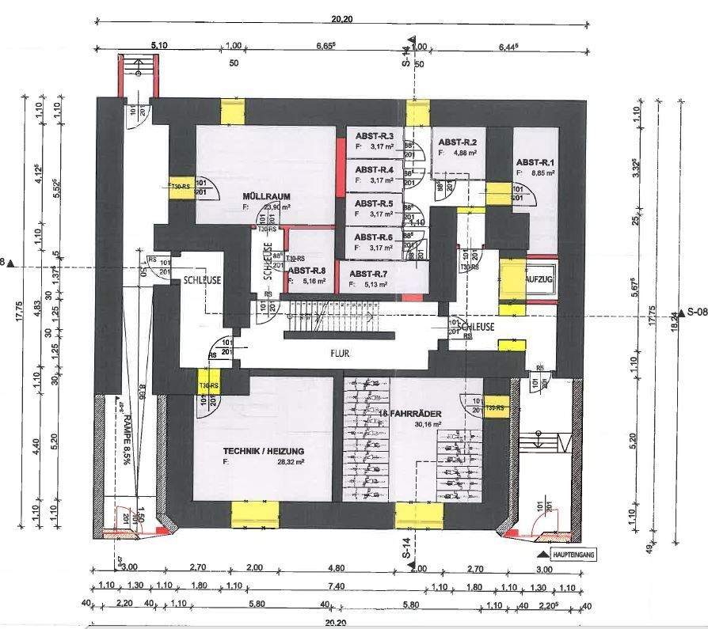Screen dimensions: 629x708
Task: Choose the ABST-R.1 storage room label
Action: tap(535, 161)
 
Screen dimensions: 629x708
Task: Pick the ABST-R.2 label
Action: tap(458, 142)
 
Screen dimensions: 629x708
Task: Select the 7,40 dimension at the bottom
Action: tap(336, 586)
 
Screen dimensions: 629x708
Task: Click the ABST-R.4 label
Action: tap(375, 169)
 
